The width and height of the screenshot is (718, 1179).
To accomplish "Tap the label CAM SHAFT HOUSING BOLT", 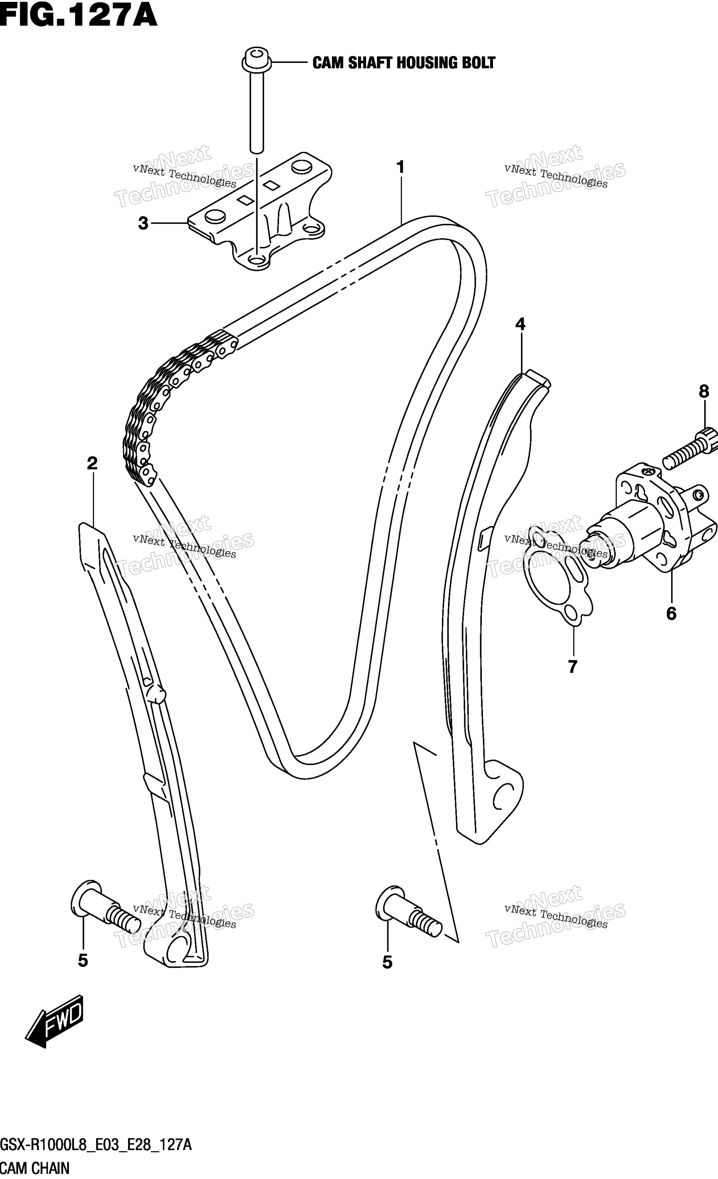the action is (403, 63).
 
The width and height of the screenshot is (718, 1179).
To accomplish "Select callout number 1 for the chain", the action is (400, 167).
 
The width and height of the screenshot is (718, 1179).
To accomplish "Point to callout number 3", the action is (143, 223).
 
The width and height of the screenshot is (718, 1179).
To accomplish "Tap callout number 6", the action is (671, 613).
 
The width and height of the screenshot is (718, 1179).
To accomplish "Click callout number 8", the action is (704, 391).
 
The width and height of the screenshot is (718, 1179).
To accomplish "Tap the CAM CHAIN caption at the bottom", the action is (35, 1168).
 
